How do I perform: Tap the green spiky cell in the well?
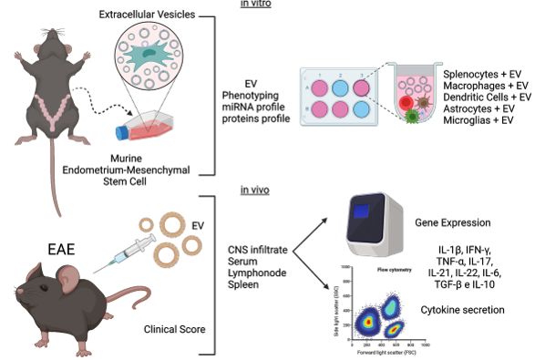coord(412,118)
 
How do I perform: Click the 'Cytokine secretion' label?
coord(465,312)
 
